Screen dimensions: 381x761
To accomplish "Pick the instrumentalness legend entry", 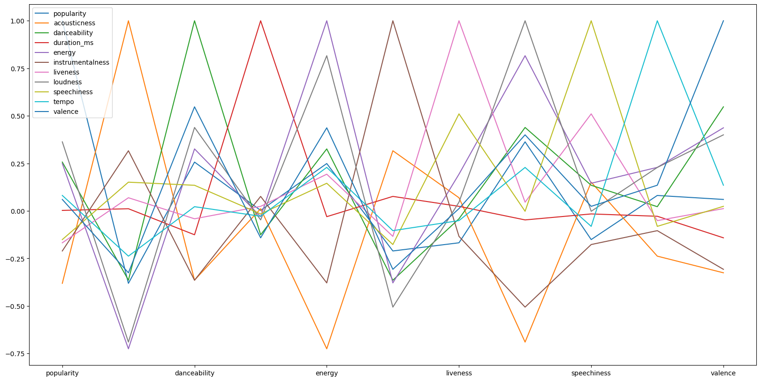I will pyautogui.click(x=81, y=63).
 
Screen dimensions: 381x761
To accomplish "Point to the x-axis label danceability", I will pyautogui.click(x=194, y=374).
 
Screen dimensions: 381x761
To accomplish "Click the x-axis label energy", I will pyautogui.click(x=327, y=374).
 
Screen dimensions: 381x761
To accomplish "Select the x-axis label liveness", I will pyautogui.click(x=459, y=374).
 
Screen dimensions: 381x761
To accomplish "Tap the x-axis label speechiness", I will pyautogui.click(x=591, y=374).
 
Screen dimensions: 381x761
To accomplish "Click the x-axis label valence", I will pyautogui.click(x=723, y=374).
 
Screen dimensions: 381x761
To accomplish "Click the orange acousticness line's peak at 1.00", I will pyautogui.click(x=128, y=21).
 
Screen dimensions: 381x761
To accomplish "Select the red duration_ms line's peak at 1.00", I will pyautogui.click(x=260, y=21).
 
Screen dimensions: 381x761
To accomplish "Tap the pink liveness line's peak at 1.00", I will pyautogui.click(x=459, y=21).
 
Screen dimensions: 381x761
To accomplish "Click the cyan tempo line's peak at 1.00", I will pyautogui.click(x=657, y=21).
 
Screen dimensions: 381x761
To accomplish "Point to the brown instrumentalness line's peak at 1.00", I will pyautogui.click(x=393, y=21).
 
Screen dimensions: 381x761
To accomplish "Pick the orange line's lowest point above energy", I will pyautogui.click(x=327, y=349).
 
